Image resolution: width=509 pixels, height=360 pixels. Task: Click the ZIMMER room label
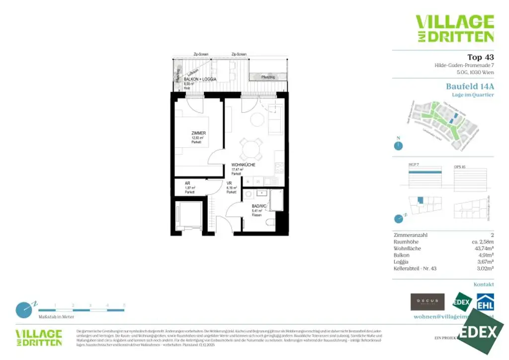pyautogui.click(x=199, y=133)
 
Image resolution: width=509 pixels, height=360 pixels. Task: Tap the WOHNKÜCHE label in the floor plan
pyautogui.click(x=243, y=165)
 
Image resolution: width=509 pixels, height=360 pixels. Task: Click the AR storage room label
pyautogui.click(x=187, y=183)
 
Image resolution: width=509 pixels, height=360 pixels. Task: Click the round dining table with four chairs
pyautogui.click(x=251, y=147)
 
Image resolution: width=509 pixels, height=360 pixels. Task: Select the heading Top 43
pyautogui.click(x=481, y=57)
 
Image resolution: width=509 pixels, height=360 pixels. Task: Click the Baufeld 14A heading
pyautogui.click(x=470, y=86)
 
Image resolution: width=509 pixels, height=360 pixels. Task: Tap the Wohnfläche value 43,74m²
pyautogui.click(x=483, y=248)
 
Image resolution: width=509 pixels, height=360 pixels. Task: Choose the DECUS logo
pyautogui.click(x=427, y=302)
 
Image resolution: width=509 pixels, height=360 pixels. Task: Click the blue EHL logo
pyautogui.click(x=485, y=302)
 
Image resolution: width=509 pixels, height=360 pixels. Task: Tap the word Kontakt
pyautogui.click(x=484, y=285)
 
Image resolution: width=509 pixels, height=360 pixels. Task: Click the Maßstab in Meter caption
pyautogui.click(x=56, y=316)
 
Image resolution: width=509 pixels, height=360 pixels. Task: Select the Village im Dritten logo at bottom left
pyautogui.click(x=39, y=337)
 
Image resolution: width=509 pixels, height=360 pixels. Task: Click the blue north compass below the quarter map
pyautogui.click(x=398, y=145)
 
